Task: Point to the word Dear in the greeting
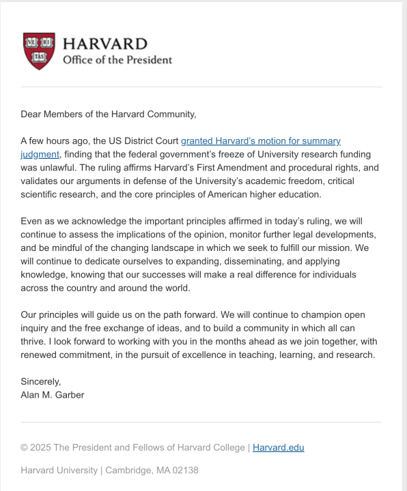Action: (x=33, y=115)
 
